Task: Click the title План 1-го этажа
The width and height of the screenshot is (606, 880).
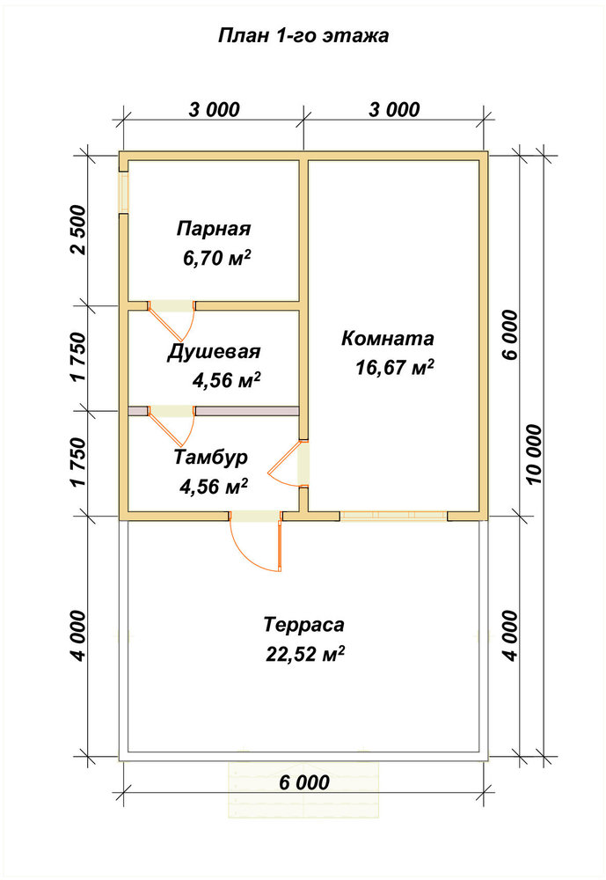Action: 303,36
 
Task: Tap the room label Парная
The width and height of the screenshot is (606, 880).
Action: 213,229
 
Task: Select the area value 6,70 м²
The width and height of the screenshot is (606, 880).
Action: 216,258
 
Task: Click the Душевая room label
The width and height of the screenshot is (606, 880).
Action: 214,352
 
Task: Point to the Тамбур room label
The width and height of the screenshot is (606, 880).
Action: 210,457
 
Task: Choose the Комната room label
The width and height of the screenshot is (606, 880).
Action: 388,339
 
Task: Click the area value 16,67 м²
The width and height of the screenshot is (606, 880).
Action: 394,368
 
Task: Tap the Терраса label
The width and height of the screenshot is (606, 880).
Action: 303,624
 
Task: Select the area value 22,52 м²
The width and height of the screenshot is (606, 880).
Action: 305,654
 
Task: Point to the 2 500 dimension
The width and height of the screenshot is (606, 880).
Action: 80,230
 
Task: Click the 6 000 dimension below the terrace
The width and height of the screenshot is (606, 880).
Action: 304,781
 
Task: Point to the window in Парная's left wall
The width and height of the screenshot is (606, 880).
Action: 123,192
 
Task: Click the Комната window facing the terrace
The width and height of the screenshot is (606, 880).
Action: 394,515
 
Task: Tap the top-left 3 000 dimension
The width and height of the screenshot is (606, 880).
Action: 215,109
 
